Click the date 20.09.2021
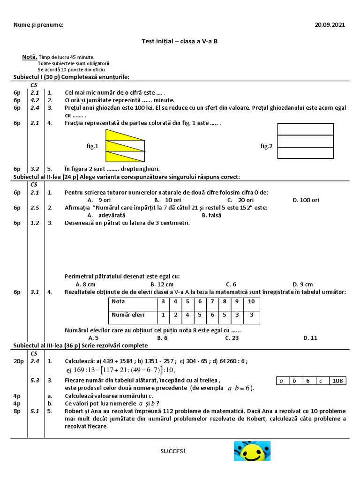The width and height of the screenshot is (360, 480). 330,25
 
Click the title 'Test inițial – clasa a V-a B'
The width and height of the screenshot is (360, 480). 180,41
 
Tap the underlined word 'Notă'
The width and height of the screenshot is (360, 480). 29,57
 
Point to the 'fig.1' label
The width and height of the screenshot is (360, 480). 92,146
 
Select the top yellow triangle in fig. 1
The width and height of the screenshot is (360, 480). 120,135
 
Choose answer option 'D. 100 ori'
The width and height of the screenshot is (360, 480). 306,200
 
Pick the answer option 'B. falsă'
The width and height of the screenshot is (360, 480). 211,216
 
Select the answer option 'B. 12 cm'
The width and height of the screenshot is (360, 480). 162,284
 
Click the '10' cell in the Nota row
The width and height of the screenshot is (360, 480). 251,301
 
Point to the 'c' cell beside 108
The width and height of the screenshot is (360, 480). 322,381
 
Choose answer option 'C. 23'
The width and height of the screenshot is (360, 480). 232,337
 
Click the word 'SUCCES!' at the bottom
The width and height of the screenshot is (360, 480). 173,451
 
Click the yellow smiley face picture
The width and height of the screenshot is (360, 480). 252,451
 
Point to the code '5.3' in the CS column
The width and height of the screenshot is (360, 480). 35,380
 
